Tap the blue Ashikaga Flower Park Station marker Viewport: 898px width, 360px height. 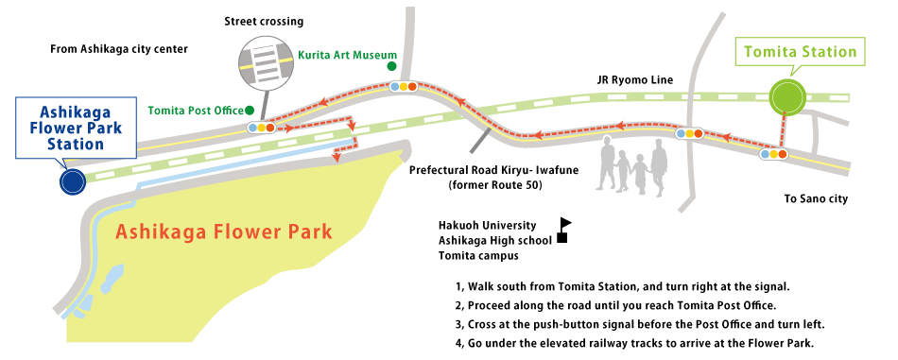pyautogui.click(x=71, y=181)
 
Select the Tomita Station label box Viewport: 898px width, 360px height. pyautogui.click(x=800, y=53)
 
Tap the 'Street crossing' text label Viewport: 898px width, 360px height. pyautogui.click(x=265, y=21)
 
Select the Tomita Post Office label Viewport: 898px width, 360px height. pyautogui.click(x=201, y=111)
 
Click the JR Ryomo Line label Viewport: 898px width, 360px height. pyautogui.click(x=634, y=80)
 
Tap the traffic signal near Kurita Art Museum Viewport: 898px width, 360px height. pyautogui.click(x=404, y=86)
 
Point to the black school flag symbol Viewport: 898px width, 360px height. pyautogui.click(x=564, y=230)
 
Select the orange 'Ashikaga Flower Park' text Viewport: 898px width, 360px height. pyautogui.click(x=223, y=231)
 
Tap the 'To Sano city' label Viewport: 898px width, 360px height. pyautogui.click(x=817, y=199)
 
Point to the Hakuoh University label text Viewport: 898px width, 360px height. pyautogui.click(x=487, y=226)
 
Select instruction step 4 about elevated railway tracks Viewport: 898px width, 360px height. pyautogui.click(x=633, y=343)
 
